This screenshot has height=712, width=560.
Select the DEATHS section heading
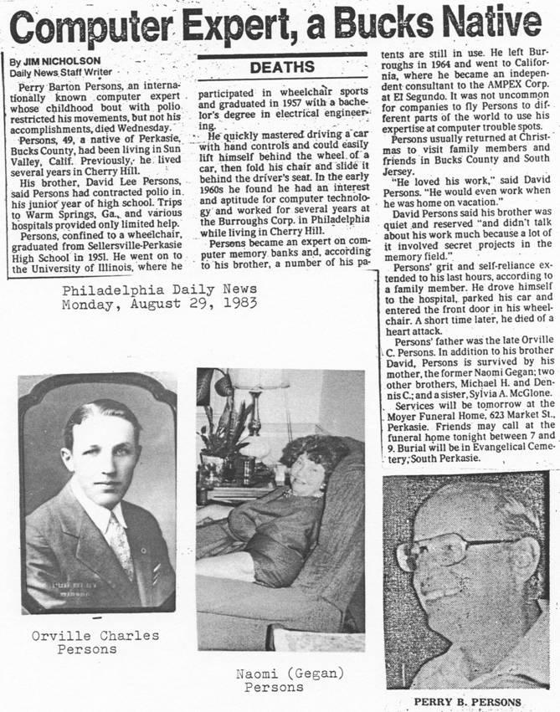coord(282,67)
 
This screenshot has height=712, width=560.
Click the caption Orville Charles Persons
coord(95,642)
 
